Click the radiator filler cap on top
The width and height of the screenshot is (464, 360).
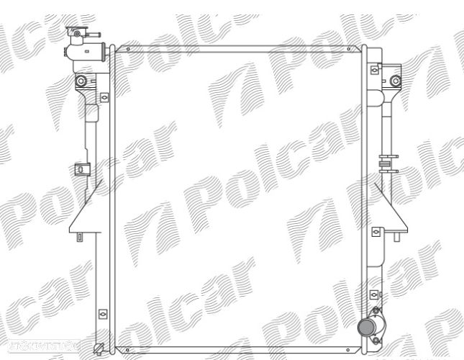click(74, 32)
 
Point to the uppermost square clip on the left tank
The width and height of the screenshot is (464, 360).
click(104, 96)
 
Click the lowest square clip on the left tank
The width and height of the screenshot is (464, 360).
click(102, 313)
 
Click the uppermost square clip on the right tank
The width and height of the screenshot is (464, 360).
click(375, 71)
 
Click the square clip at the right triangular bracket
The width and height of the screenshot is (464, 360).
click(376, 232)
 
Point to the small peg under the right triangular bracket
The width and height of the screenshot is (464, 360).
click(398, 235)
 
